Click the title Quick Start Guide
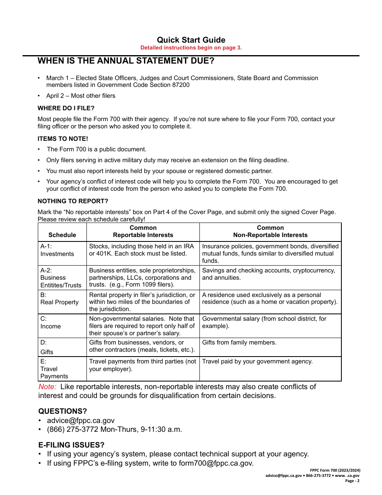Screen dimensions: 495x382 coord(191,40)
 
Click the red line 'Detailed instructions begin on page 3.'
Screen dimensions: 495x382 coord(191,48)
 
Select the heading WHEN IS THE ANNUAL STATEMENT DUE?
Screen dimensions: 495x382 coord(126,61)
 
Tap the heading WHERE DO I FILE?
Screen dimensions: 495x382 coord(66,108)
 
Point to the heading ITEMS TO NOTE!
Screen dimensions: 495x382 coord(63,139)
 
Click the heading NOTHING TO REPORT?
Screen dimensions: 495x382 coord(73,201)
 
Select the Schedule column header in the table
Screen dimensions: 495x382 coord(62,235)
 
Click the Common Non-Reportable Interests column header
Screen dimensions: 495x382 coord(270,231)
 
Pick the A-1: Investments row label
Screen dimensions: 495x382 coord(57,250)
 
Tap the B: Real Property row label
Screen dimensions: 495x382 coord(59,299)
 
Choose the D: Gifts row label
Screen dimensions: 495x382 coord(47,347)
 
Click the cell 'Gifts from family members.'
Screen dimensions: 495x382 coord(239,342)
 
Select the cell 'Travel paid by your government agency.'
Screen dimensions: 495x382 coord(257,361)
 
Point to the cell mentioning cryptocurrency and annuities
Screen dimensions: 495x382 coord(268,274)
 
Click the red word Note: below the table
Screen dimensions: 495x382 coord(47,387)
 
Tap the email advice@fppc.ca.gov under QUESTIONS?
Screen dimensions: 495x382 coord(81,421)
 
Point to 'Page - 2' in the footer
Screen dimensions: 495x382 coord(352,481)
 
